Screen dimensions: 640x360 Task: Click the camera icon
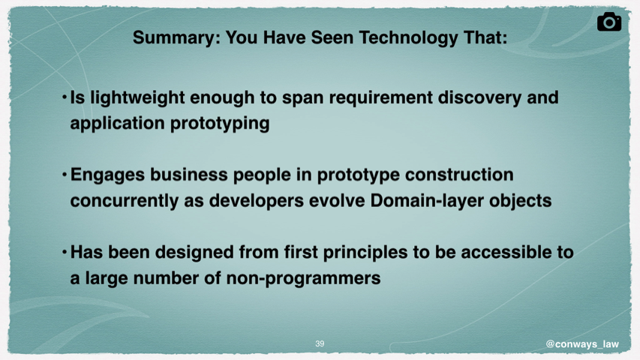click(609, 22)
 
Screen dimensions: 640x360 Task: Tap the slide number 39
click(320, 343)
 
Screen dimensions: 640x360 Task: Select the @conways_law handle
click(582, 344)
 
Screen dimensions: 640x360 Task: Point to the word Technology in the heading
click(409, 38)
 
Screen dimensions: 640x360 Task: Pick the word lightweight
click(137, 98)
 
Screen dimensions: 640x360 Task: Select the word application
click(117, 123)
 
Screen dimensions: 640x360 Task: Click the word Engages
click(108, 175)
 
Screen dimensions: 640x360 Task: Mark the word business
click(189, 175)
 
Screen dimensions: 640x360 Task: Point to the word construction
click(459, 175)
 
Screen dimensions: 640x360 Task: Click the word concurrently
click(124, 201)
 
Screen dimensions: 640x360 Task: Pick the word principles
click(365, 253)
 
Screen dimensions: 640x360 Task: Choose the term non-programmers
click(303, 278)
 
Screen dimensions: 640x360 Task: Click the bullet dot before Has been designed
click(65, 252)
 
